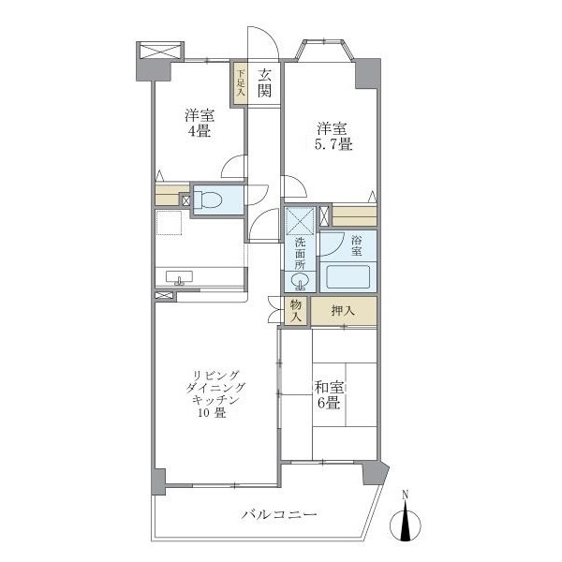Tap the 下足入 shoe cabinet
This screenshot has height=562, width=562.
[x=240, y=82]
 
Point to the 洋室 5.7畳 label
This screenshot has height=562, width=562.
[x=333, y=136]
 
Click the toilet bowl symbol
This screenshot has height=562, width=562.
[x=211, y=200]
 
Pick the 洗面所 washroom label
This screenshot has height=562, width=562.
[x=300, y=252]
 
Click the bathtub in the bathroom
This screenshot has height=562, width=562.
[x=350, y=277]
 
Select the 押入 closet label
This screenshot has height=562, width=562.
[x=343, y=309]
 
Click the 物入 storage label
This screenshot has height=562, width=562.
[x=295, y=311]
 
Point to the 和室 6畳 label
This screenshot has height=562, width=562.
[x=328, y=393]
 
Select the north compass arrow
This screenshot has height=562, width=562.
[x=406, y=522]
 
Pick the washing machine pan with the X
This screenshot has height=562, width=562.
[x=301, y=221]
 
